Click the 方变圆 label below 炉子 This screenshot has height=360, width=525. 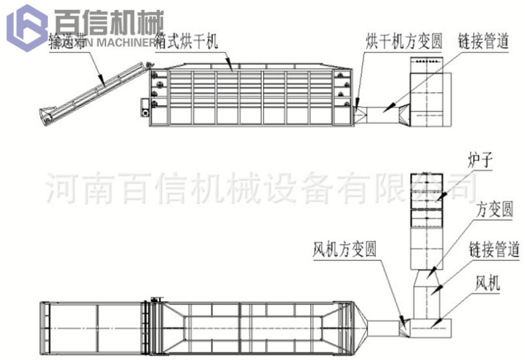point(495,211)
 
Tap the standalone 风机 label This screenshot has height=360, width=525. point(489,284)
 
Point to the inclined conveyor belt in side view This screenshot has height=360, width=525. point(93,93)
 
